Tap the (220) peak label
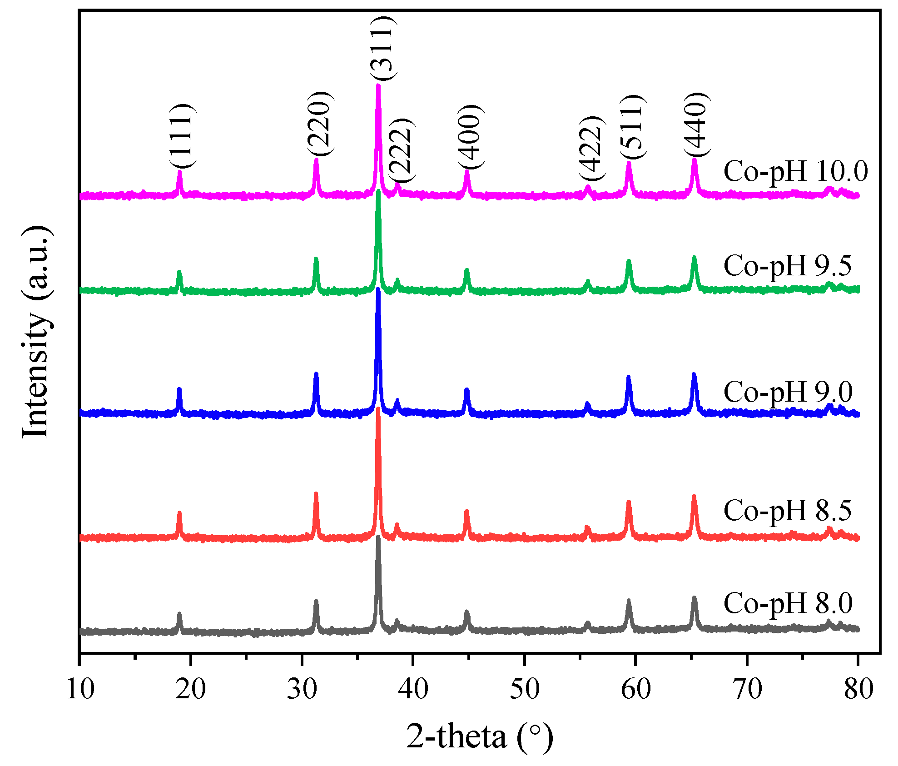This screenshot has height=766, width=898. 320,124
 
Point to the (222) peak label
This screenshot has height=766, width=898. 401,150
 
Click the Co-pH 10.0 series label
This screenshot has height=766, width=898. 795,172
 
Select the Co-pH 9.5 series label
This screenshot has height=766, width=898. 787,265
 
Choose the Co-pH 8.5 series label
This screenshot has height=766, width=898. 787,510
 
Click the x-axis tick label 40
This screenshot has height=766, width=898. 413,689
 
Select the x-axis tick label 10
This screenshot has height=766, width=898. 80,689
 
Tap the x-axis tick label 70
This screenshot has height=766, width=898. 747,689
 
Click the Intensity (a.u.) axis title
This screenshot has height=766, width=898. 36,332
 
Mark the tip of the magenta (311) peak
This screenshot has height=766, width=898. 378,85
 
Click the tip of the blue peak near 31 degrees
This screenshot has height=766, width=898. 316,374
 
